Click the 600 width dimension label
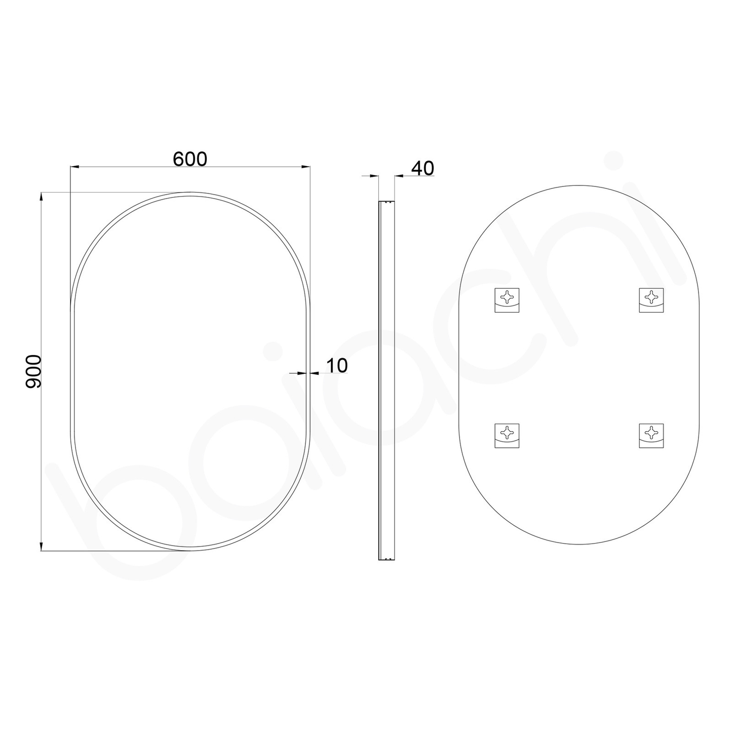point(190,159)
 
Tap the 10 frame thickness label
point(337,365)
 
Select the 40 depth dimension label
point(422,168)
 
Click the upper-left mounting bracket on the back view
point(507,300)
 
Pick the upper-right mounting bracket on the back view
point(651,300)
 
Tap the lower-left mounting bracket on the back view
point(507,435)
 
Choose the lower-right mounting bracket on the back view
point(651,435)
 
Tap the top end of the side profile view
point(387,202)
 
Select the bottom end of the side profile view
point(387,559)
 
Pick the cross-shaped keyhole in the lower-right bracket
point(651,432)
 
